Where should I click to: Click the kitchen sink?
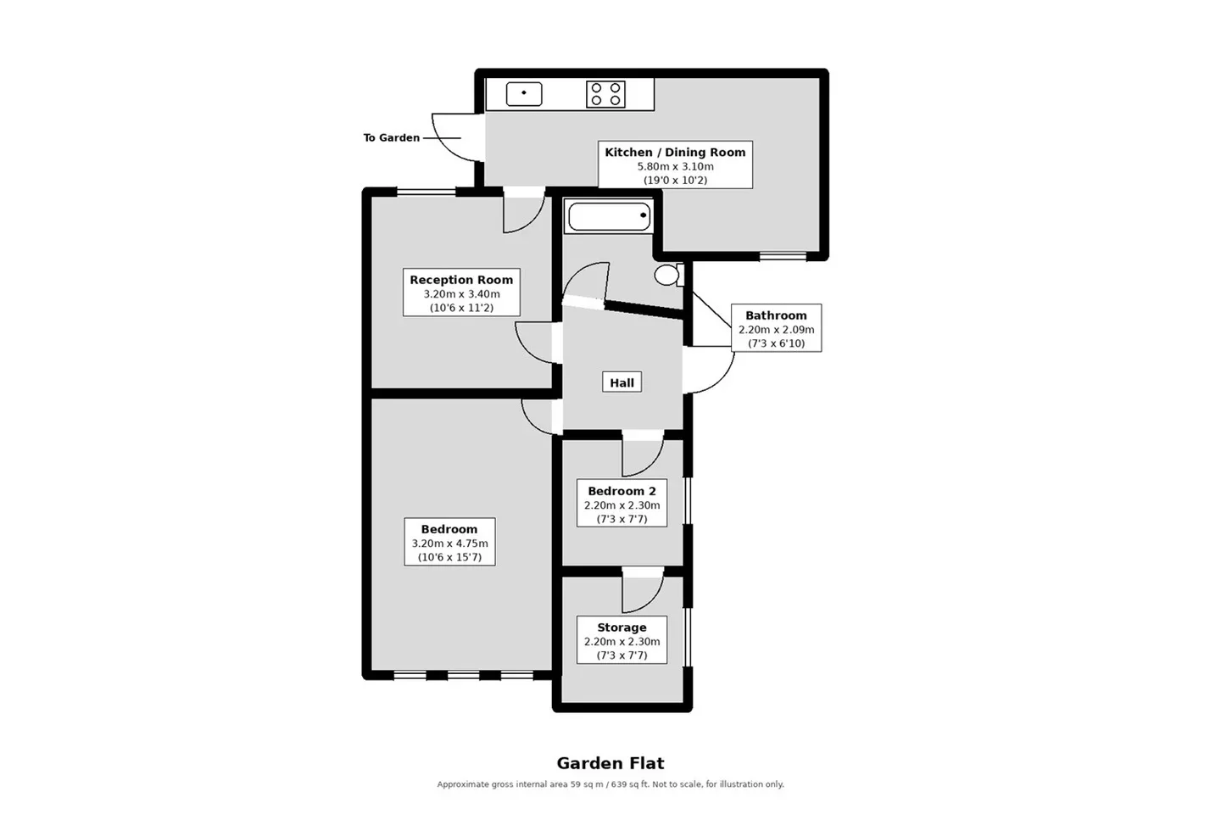524,94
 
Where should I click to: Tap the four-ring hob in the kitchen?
605,94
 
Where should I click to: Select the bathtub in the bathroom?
609,216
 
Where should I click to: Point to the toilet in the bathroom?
669,275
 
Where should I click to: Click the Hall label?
622,382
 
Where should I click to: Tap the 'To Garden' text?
392,138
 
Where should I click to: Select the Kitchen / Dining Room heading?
675,152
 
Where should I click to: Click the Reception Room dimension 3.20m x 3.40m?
461,294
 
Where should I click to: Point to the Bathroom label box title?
776,315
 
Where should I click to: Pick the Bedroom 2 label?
622,491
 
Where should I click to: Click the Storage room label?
622,627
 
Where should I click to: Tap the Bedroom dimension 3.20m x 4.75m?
449,544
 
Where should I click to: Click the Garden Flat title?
610,763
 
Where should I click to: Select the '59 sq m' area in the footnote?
587,784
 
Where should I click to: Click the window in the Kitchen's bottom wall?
783,256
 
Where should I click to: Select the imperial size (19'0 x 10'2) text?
675,181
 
